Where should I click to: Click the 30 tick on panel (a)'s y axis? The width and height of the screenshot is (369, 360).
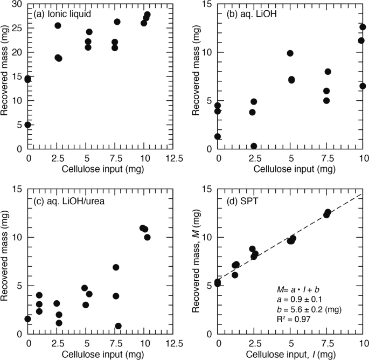(17, 4)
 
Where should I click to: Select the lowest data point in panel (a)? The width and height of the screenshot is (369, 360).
(27, 124)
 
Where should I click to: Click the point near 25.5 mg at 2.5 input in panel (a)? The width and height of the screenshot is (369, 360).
(58, 25)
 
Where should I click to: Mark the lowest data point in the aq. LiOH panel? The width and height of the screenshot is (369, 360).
(254, 146)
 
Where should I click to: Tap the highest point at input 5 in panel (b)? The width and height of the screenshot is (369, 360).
(290, 53)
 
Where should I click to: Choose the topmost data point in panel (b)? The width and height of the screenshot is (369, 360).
(363, 27)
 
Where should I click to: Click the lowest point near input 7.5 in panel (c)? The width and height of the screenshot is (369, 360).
(119, 326)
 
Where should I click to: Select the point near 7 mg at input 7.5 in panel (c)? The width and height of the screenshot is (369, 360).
(116, 267)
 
